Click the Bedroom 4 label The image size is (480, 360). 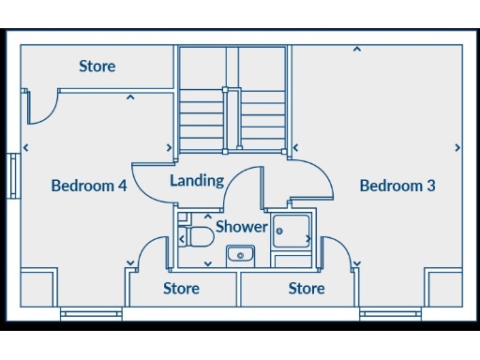pos(89,186)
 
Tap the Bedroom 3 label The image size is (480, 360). pos(397,186)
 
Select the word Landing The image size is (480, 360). pos(197,180)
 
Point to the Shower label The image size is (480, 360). pos(242,227)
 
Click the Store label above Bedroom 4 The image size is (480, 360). pos(97,67)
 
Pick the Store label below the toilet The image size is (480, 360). pos(181,288)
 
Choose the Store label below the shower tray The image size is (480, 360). pos(307,288)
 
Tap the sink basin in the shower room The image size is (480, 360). pos(241,254)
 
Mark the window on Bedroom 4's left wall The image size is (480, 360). pos(13,175)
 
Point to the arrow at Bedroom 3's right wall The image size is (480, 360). pos(457,147)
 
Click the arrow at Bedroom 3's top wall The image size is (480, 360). pos(356,49)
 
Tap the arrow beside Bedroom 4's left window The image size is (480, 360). pos(25,147)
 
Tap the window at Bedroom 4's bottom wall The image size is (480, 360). pos(91,314)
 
